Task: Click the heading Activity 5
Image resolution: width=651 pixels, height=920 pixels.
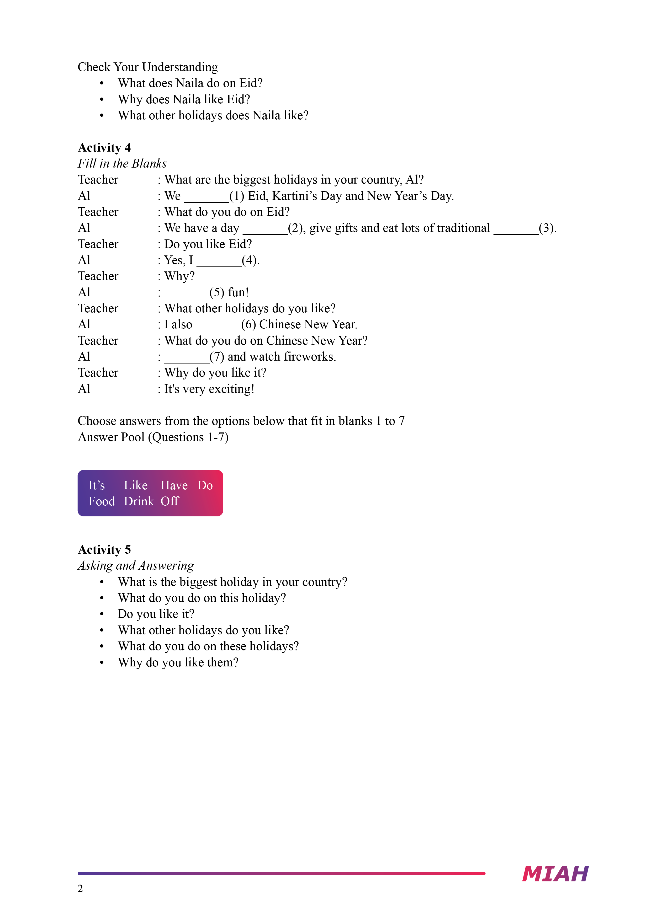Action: (104, 549)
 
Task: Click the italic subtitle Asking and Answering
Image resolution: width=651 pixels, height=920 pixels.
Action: (135, 565)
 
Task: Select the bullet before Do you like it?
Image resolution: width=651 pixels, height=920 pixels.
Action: (102, 614)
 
